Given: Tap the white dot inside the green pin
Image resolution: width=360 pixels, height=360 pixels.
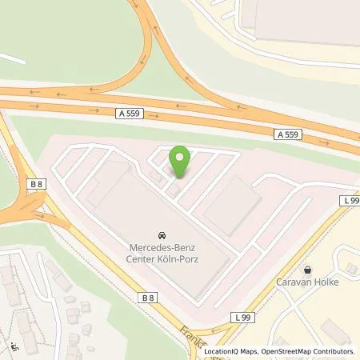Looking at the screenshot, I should pos(182,156).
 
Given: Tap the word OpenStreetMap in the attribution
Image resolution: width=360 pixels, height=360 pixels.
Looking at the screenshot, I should pos(282,352).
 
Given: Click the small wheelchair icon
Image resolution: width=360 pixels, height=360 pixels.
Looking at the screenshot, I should pos(14,348).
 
